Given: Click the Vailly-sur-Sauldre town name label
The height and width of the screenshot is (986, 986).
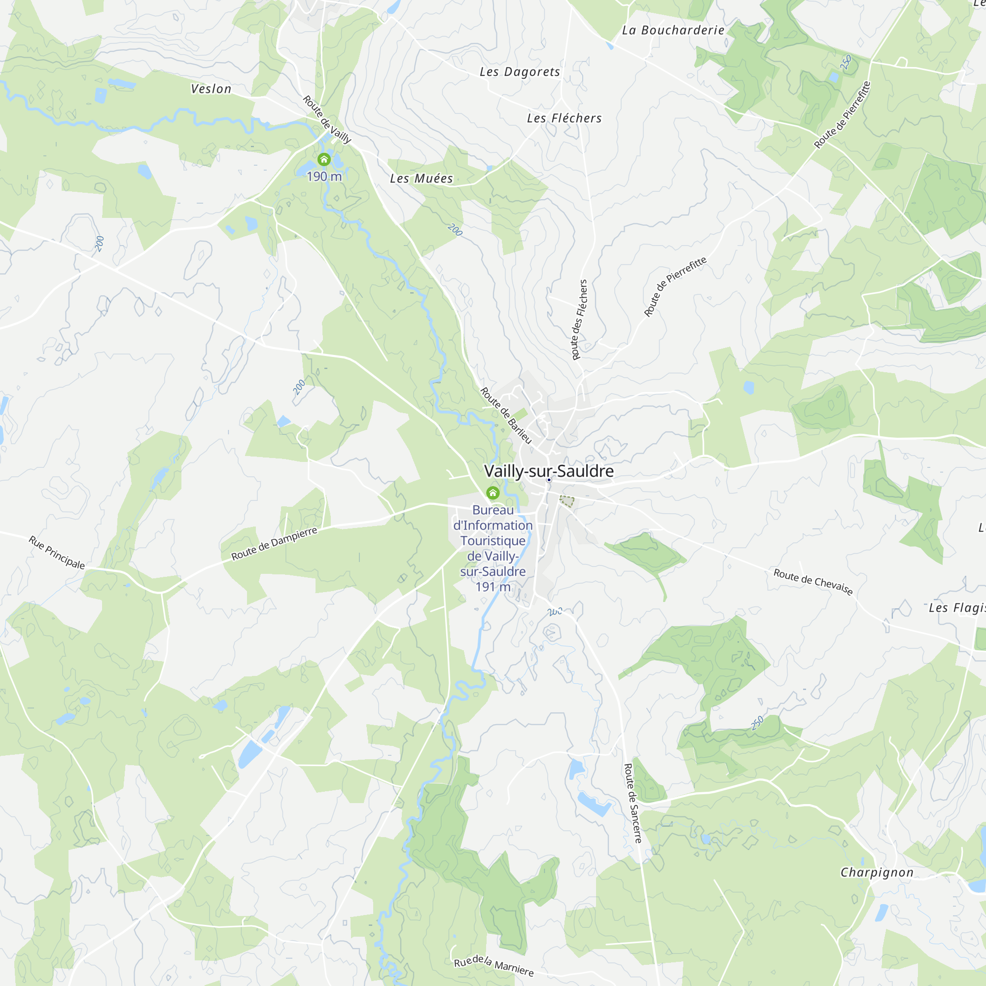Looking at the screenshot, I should [x=549, y=470].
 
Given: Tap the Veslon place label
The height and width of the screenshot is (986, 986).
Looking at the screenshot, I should [x=211, y=89].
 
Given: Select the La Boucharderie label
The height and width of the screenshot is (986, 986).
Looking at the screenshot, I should [x=672, y=30].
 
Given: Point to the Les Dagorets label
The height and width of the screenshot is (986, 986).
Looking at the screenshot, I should [x=520, y=71].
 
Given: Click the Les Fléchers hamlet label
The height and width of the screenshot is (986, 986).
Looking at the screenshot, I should [x=564, y=118].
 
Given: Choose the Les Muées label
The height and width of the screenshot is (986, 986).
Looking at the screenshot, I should [x=421, y=178].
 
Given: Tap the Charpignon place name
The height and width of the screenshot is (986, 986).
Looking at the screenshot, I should [x=877, y=872].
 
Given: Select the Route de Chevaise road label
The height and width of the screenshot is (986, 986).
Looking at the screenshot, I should [x=813, y=582].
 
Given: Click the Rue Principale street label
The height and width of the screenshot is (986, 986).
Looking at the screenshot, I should [x=56, y=552].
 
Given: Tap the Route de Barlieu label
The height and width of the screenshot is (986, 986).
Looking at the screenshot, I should [x=506, y=416].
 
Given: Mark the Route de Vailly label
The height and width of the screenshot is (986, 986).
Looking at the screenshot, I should [x=327, y=119].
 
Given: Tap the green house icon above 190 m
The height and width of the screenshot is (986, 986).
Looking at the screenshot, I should [x=324, y=160].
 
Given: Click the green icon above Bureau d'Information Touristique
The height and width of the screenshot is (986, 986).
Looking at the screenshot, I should [x=493, y=493].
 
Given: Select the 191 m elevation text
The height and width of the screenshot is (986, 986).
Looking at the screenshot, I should [x=493, y=587].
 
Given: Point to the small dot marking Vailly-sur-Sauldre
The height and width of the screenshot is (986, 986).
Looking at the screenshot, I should [x=549, y=480].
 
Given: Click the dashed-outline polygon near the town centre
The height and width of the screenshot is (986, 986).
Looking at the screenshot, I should [x=566, y=501].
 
